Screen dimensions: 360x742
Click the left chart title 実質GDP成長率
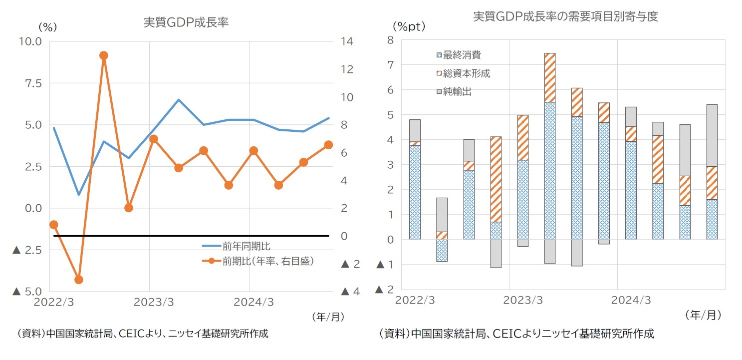186,22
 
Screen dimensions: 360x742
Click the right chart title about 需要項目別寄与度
565,16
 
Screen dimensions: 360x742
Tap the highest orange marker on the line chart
104,55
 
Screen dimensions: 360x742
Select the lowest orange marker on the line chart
78,280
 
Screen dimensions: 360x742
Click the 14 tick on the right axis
347,41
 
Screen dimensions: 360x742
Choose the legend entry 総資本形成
466,74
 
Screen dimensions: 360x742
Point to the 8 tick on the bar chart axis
390,40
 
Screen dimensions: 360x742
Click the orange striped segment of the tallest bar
550,77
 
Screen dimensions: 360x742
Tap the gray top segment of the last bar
712,135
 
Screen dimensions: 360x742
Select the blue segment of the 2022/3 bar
414,192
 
